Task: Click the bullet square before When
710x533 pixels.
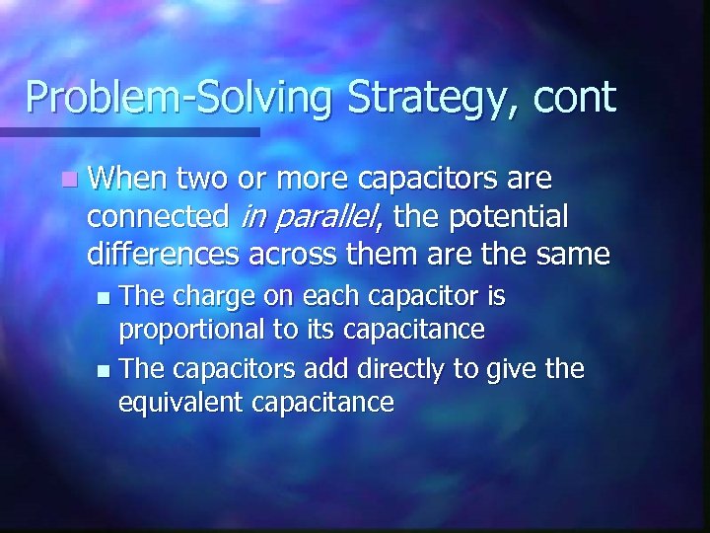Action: pos(66,181)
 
